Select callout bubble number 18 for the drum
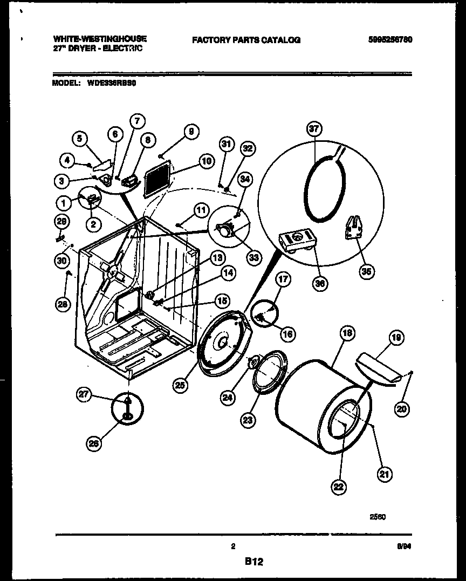tap(347, 334)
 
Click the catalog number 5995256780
tap(390, 39)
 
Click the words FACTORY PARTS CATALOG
tap(246, 39)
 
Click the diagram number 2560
tap(378, 516)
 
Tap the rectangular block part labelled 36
tap(296, 241)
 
